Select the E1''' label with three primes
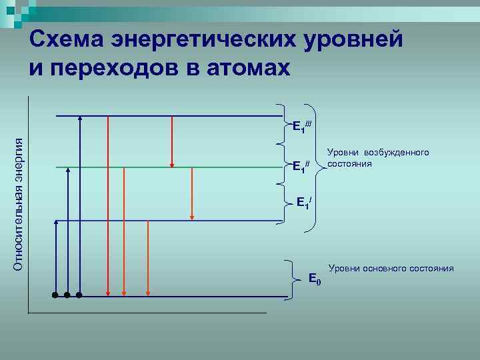[x=303, y=127]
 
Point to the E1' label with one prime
[x=303, y=202]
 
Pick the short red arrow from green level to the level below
[x=192, y=193]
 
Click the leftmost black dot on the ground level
[x=55, y=294]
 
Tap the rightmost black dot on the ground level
[x=79, y=294]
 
